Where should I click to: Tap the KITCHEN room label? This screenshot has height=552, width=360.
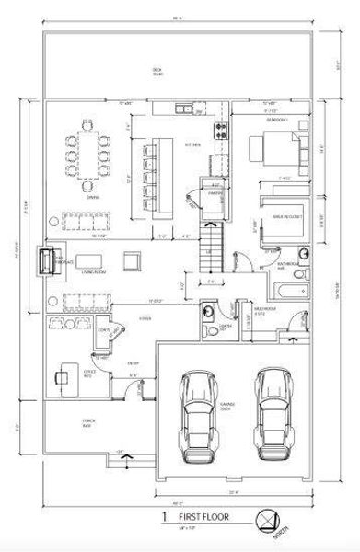pos(192,144)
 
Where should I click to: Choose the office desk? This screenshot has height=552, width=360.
pos(64,375)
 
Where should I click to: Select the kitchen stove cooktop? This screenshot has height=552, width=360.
pos(220,130)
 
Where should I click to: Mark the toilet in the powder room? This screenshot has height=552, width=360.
pos(208,312)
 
